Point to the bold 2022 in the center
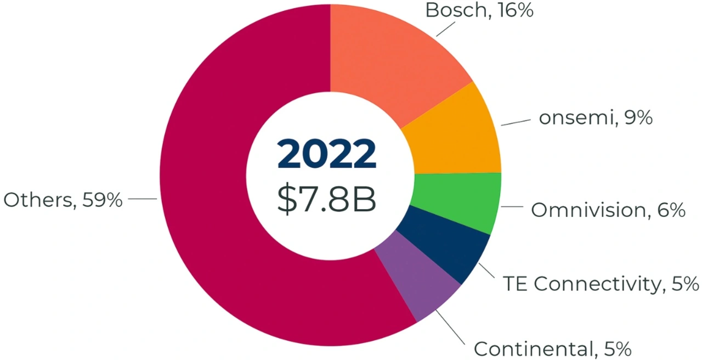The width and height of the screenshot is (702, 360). (327, 154)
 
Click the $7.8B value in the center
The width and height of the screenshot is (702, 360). (327, 200)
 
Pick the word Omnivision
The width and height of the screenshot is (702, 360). (586, 210)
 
